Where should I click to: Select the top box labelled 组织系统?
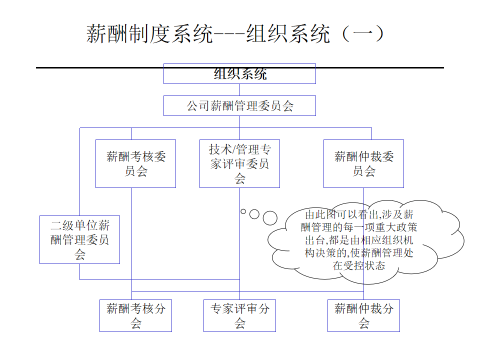[x=239, y=74]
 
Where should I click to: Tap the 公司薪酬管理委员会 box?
[x=239, y=106]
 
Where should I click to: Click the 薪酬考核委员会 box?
[x=135, y=163]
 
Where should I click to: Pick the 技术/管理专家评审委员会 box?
[x=239, y=163]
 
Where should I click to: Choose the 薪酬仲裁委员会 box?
[x=363, y=163]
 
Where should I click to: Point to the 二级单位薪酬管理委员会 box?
[x=79, y=239]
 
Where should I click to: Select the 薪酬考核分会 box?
[x=135, y=315]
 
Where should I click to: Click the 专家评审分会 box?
[x=239, y=315]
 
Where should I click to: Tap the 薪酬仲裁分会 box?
[x=363, y=315]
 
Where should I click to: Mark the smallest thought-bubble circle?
[x=243, y=211]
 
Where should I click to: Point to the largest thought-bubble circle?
[x=270, y=217]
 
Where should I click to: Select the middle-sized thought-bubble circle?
[x=254, y=214]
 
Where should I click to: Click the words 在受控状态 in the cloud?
[x=359, y=266]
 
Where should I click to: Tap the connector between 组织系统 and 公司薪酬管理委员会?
[x=239, y=89]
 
